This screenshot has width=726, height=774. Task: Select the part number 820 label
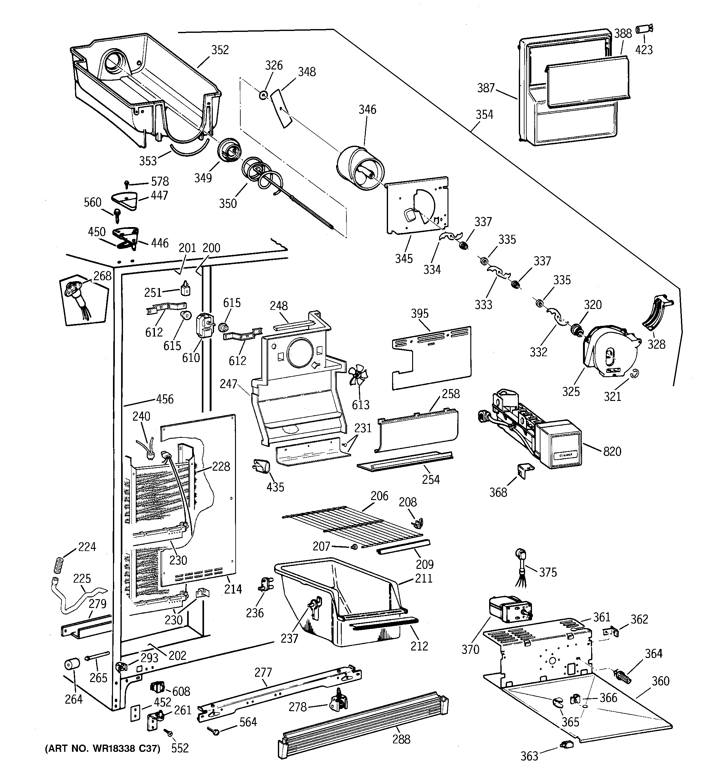[x=612, y=452]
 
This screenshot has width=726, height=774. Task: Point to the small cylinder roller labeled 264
[x=72, y=664]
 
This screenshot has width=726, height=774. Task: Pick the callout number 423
[x=644, y=50]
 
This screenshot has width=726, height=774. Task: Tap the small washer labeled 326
[x=263, y=95]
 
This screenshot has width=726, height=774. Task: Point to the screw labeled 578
[x=127, y=183]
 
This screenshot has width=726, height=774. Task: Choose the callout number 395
[x=419, y=313]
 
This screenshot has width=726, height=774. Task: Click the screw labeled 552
[x=169, y=733]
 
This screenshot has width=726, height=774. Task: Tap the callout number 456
[x=165, y=399]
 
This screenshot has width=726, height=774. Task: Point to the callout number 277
[x=263, y=672]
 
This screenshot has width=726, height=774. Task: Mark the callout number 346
[x=367, y=109]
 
